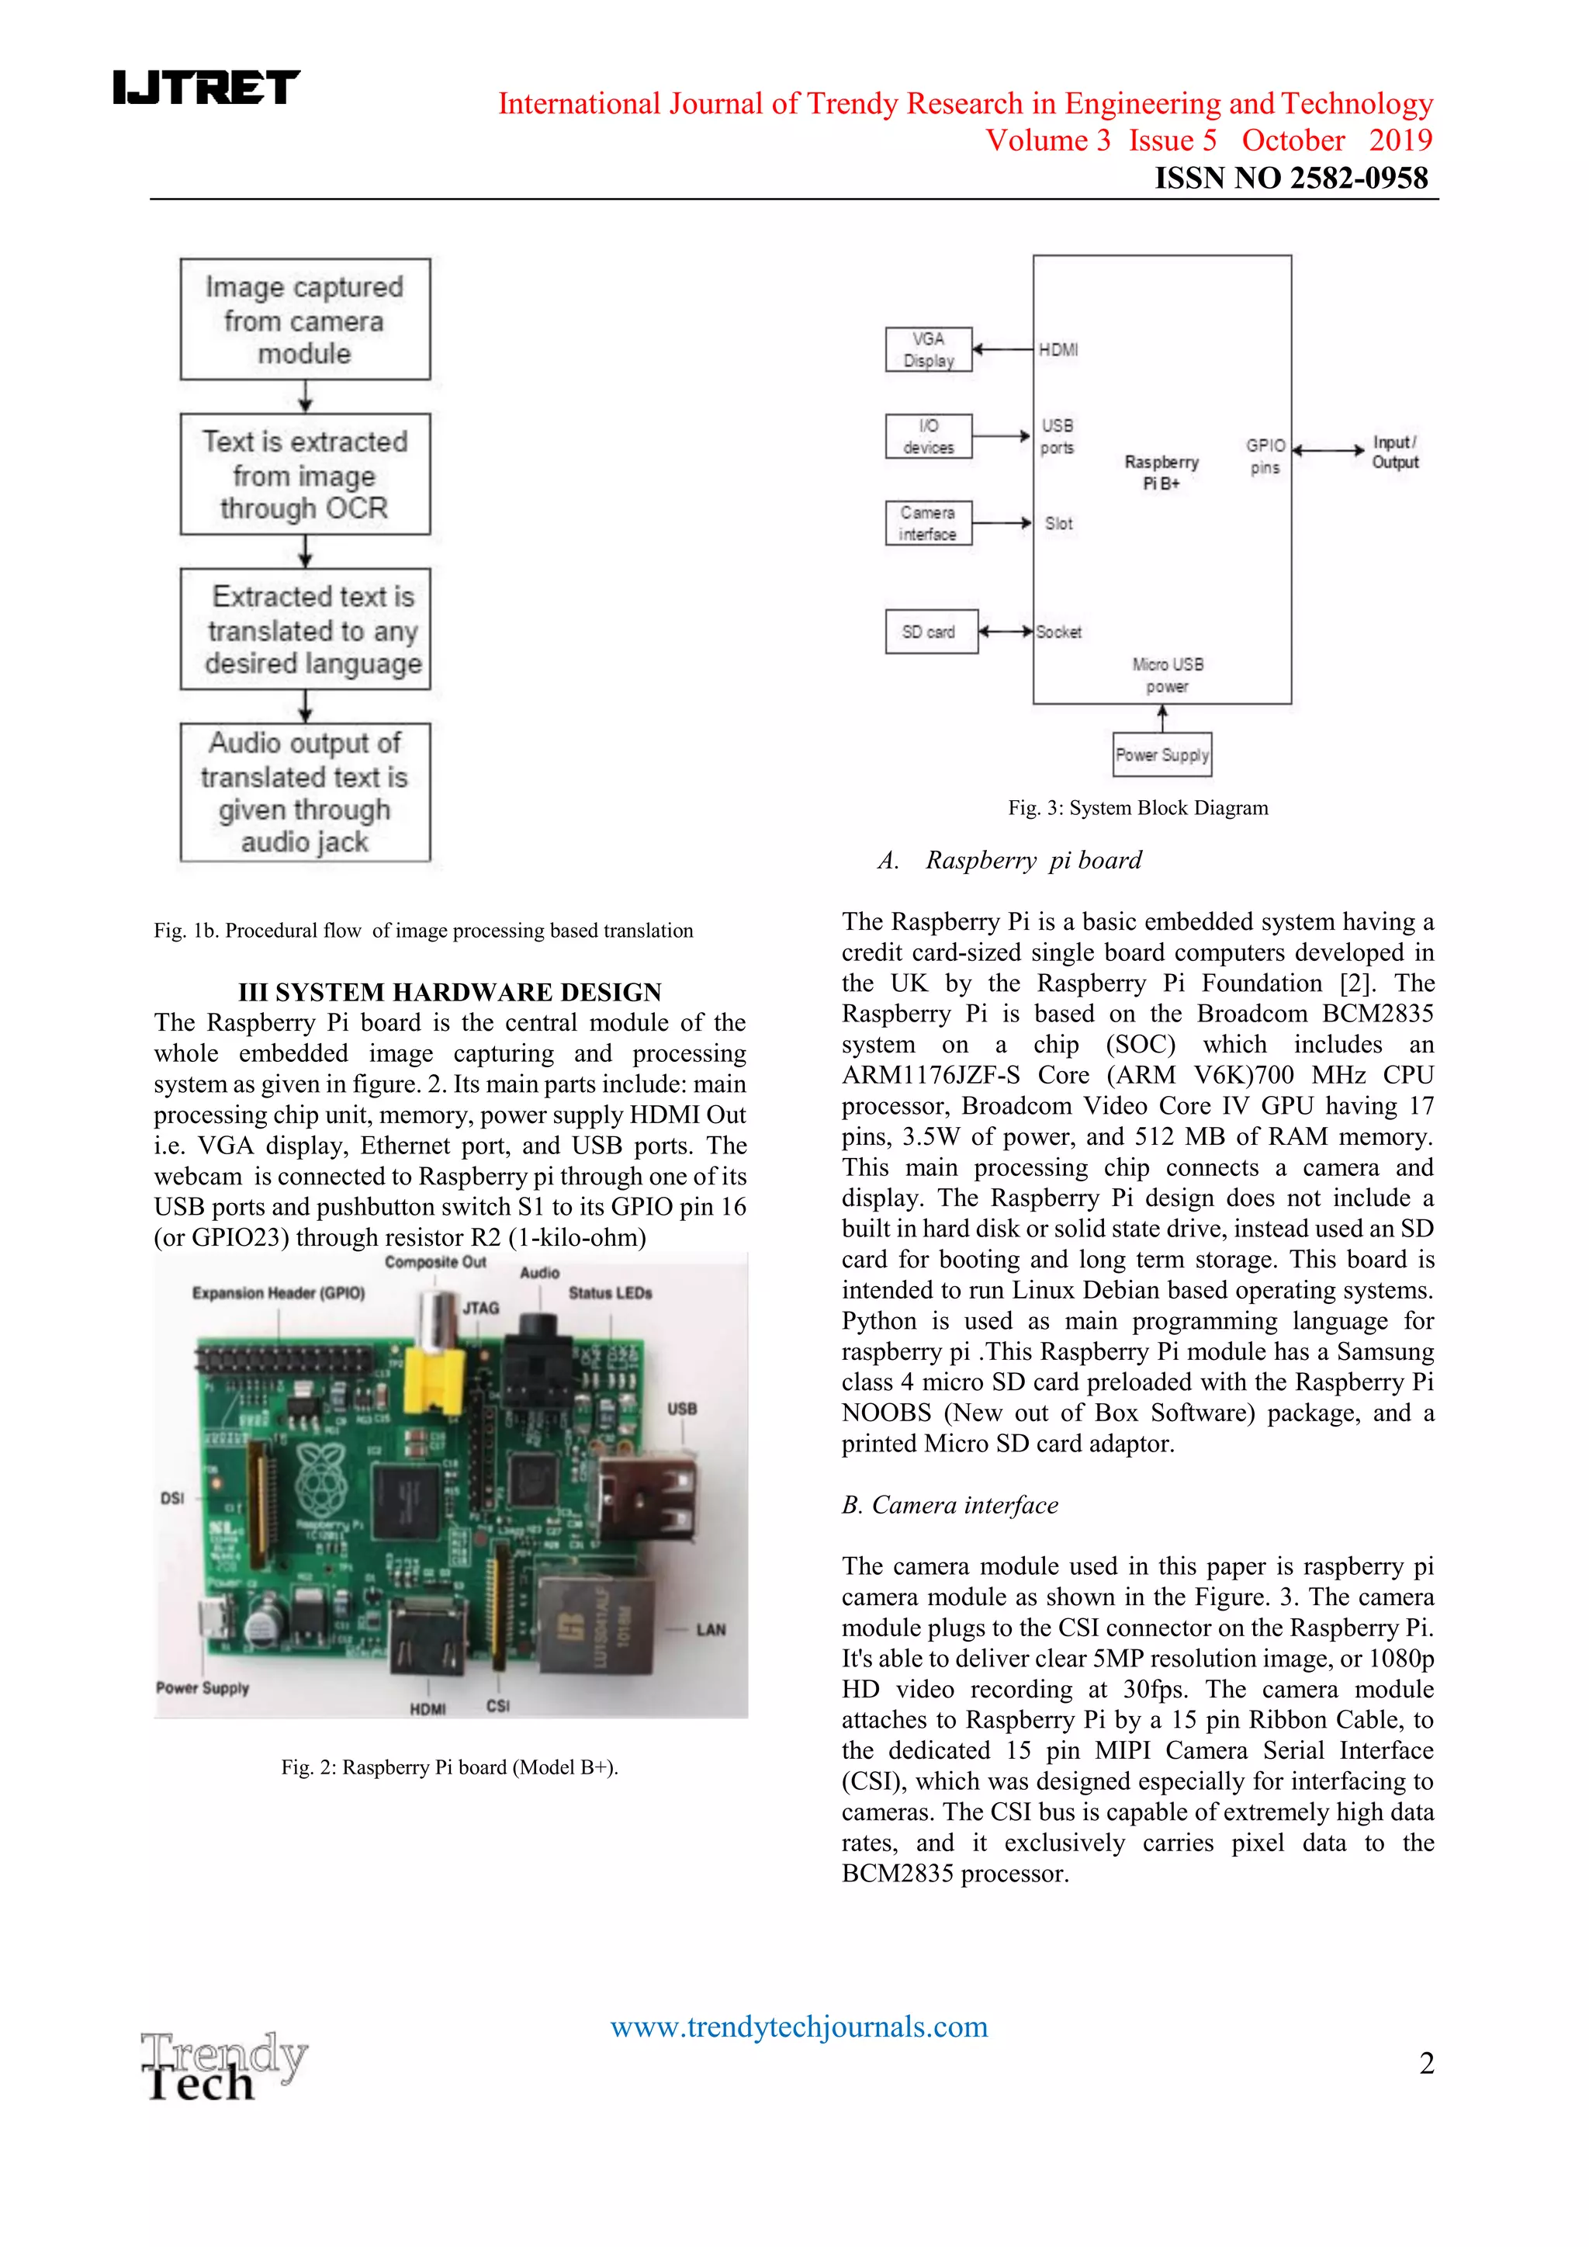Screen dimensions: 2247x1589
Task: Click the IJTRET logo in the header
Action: [x=206, y=87]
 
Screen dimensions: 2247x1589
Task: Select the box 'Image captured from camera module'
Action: [x=304, y=320]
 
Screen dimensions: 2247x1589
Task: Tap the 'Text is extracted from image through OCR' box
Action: [x=304, y=475]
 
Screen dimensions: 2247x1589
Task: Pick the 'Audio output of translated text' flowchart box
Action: [x=304, y=792]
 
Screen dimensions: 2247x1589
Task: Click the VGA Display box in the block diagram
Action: [x=929, y=350]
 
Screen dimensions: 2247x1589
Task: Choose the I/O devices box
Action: [x=929, y=436]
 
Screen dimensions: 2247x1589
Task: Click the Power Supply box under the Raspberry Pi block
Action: [x=1162, y=754]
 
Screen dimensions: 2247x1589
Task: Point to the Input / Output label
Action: [x=1394, y=453]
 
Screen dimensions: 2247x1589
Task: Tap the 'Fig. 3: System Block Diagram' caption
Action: [x=1138, y=808]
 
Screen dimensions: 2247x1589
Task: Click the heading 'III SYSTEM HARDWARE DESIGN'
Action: [x=450, y=993]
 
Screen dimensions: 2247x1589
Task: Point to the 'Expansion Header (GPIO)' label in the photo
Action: [x=278, y=1293]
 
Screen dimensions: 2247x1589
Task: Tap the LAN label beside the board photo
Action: [x=711, y=1629]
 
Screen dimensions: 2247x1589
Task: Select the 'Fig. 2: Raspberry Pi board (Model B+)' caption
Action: [x=450, y=1767]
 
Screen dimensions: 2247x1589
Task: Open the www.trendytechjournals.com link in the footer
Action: [x=798, y=2026]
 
